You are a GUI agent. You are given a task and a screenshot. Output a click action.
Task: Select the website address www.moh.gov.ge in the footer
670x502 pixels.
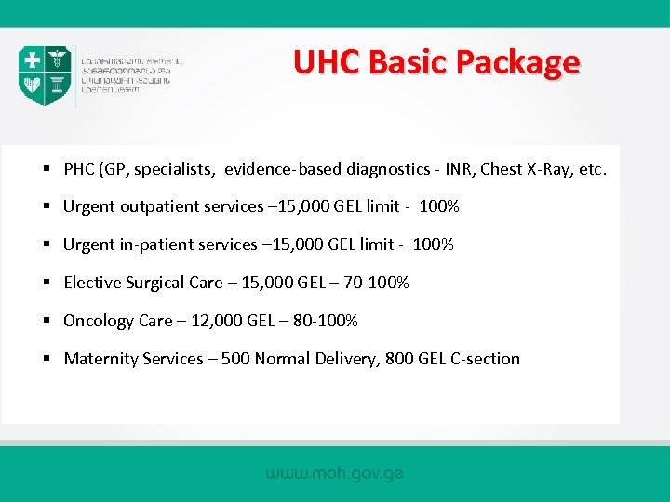click(335, 473)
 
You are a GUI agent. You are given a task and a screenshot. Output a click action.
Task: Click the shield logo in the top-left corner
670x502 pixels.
click(45, 75)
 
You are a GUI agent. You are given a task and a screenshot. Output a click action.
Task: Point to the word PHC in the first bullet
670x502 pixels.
click(80, 169)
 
